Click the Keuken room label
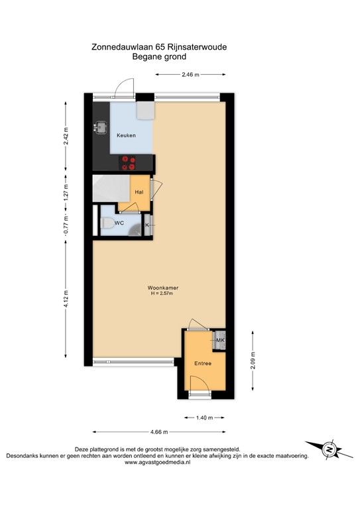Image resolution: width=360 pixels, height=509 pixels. [x=126, y=135]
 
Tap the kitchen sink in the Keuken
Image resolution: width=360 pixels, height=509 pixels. [x=101, y=126]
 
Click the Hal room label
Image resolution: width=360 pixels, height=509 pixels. [x=139, y=192]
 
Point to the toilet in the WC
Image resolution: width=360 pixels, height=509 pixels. [x=106, y=224]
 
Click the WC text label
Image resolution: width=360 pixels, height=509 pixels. [x=119, y=223]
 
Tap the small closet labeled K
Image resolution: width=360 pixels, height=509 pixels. [x=147, y=225]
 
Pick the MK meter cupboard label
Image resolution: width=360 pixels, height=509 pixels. [x=220, y=341]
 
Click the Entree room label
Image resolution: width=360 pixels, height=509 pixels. [x=203, y=363]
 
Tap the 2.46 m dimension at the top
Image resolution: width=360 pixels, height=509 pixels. [x=191, y=74]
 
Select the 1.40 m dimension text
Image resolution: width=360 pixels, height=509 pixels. [x=204, y=418]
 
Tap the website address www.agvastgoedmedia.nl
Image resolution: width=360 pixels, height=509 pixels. [x=158, y=463]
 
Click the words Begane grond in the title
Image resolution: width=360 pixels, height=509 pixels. [x=162, y=57]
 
